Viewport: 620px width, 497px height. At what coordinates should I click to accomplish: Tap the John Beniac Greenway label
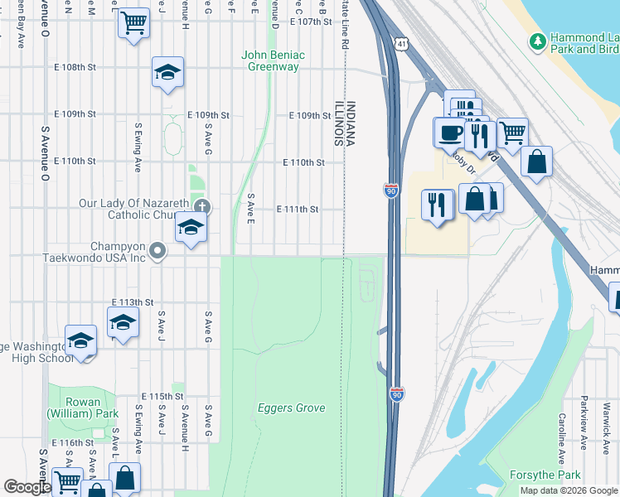273,60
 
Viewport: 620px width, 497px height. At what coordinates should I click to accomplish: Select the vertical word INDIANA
351,124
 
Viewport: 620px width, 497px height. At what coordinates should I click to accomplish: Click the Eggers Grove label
291,408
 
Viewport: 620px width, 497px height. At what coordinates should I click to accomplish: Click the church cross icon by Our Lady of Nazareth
201,206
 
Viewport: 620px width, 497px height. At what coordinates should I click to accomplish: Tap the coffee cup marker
450,133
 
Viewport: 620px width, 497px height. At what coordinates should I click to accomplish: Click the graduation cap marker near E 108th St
167,73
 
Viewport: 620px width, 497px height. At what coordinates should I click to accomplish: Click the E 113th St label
133,302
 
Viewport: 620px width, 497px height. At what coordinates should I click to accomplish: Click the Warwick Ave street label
605,424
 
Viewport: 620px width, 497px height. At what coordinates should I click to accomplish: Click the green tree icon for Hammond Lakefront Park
538,39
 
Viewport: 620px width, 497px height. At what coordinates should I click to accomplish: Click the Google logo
27,487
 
